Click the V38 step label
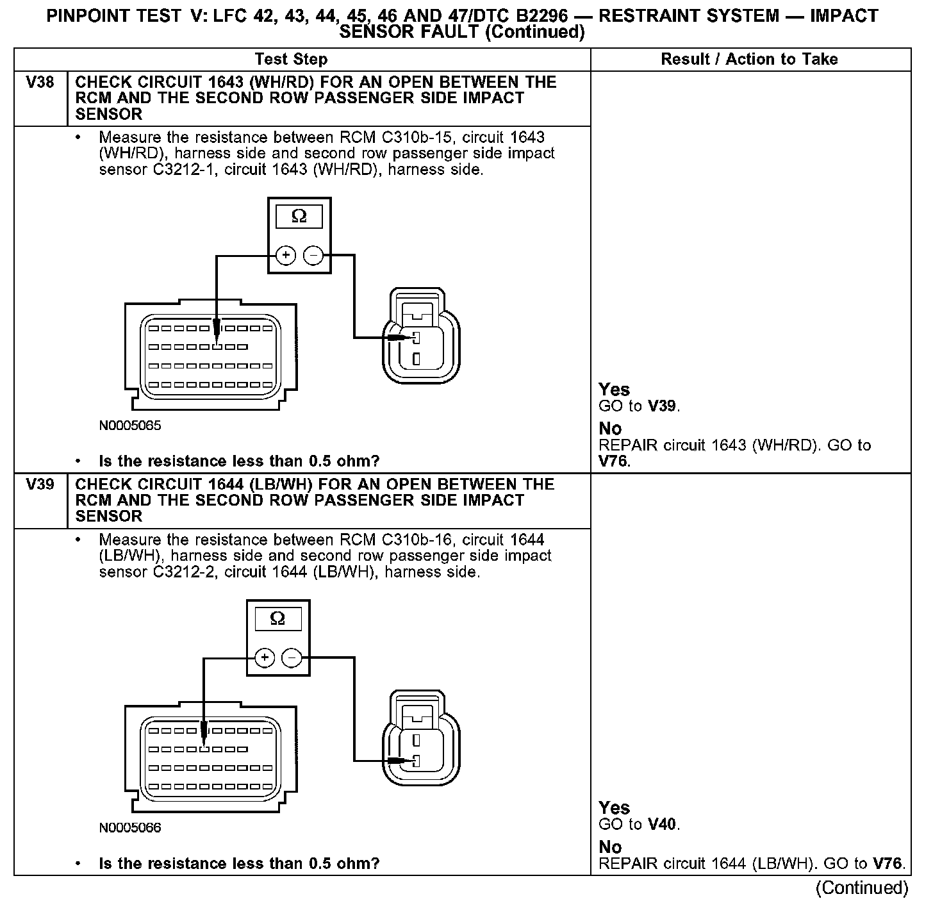[x=40, y=83]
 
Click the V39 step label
[x=40, y=484]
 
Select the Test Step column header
[x=291, y=60]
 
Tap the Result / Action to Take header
[x=749, y=60]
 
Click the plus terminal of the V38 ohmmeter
[x=286, y=256]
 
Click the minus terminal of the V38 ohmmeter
[x=313, y=256]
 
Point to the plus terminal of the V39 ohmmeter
[x=264, y=657]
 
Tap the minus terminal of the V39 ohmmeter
[x=292, y=657]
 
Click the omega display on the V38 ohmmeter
[x=299, y=217]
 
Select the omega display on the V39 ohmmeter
[x=277, y=619]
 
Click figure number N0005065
[x=130, y=426]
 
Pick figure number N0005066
[x=130, y=828]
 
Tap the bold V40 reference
[x=663, y=825]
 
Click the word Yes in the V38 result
[x=614, y=390]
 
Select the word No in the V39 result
[x=610, y=847]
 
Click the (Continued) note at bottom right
[x=861, y=888]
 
